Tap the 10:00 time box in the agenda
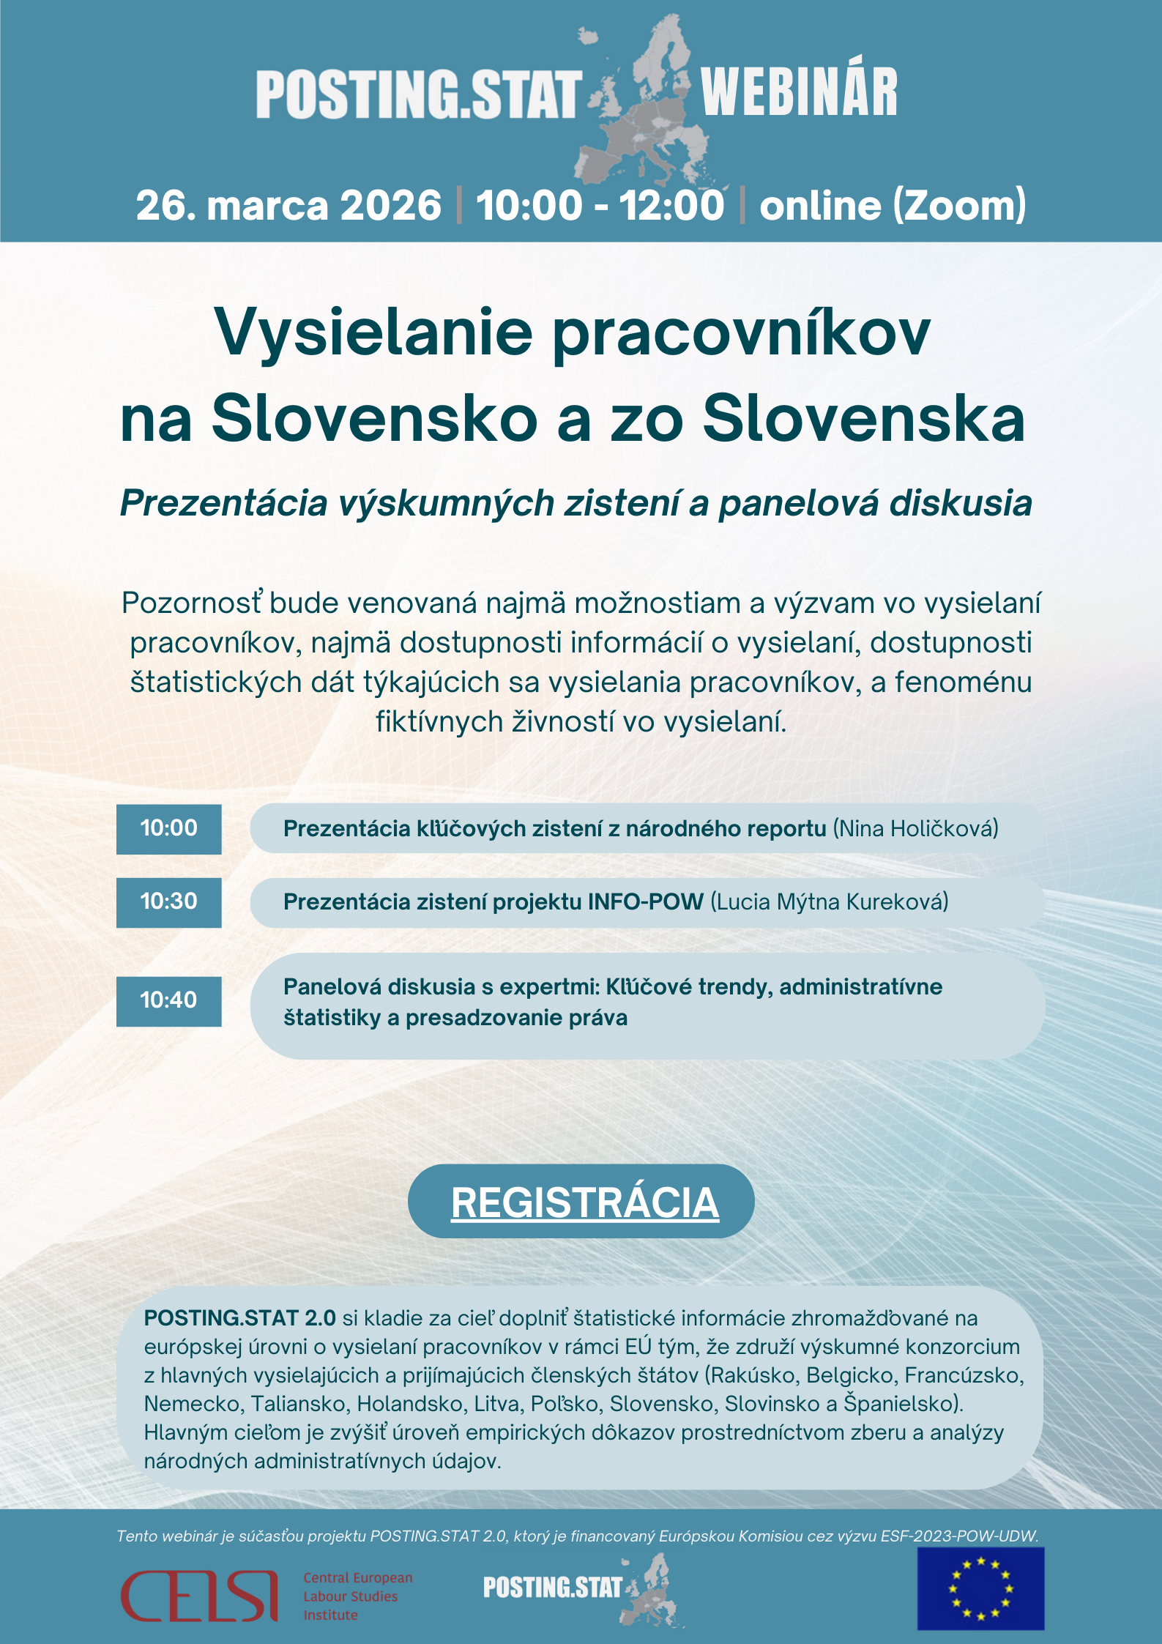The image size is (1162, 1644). point(168,828)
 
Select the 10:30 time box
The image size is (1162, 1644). point(168,901)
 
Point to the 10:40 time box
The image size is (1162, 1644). point(168,1000)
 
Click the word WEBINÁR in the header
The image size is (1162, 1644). point(799,92)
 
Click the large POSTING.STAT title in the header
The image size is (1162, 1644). point(419,95)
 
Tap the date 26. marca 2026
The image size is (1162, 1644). point(288,205)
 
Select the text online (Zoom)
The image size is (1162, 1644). point(893,205)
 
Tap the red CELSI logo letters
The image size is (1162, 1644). point(199,1596)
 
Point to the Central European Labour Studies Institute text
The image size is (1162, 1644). point(357,1596)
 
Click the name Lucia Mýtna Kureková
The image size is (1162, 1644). point(830,901)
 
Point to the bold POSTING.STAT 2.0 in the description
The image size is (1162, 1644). point(239,1318)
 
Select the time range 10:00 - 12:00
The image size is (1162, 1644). point(600,205)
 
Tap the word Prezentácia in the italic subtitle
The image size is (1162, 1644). point(223,504)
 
